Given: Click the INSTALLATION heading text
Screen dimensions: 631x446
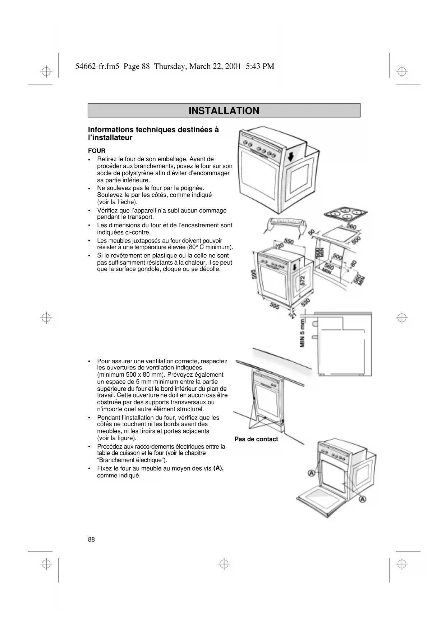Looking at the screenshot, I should (224, 110).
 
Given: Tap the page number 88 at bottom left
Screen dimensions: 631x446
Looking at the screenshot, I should (91, 539).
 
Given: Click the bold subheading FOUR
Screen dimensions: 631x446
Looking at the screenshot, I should (97, 151).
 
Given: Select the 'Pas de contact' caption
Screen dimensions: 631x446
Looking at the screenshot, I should (256, 439).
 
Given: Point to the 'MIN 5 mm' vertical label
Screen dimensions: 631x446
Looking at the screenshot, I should (302, 333).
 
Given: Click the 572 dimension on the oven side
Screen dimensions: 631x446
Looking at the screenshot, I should (303, 280).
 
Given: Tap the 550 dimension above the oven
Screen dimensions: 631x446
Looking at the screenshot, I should (289, 241).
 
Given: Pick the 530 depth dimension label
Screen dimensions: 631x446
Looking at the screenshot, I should (306, 302).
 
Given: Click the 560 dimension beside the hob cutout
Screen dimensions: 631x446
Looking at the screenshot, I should (351, 227).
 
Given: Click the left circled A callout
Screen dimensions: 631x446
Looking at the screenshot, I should (311, 473).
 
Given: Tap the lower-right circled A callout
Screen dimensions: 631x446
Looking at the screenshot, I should (362, 499).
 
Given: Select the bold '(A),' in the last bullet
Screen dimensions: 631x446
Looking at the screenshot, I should (218, 468).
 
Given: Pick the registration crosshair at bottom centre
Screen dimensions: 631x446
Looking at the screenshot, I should (224, 564).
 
